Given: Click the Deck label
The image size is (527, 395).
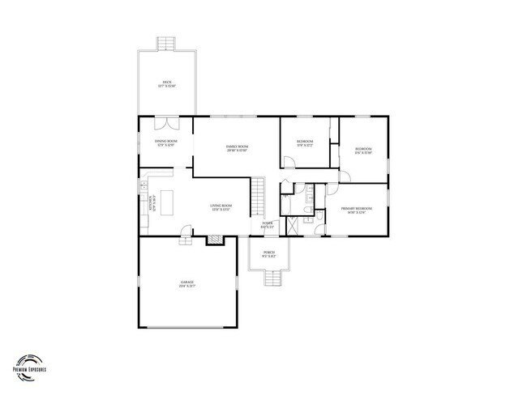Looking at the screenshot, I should tap(168, 84).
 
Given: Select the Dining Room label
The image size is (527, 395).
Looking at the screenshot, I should tap(166, 143).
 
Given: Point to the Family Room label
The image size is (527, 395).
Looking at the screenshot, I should tap(237, 147).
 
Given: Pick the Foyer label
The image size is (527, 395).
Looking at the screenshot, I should tap(267, 227).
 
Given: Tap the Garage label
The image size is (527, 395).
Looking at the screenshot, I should tap(187, 283).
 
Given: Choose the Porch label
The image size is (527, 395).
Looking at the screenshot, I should tap(269, 253).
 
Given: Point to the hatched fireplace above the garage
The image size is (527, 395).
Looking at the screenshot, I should tap(214, 240).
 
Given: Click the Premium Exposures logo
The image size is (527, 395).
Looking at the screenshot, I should tap(32, 365).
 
